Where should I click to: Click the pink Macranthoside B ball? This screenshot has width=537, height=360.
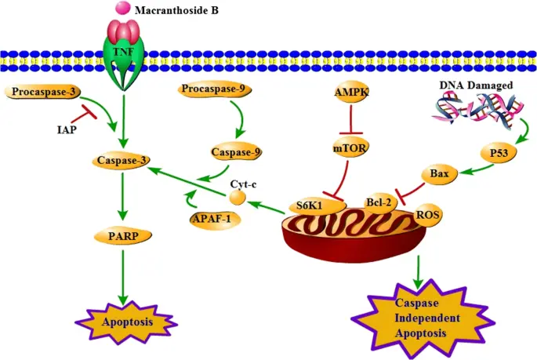click(122, 9)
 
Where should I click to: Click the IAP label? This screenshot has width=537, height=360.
click(67, 129)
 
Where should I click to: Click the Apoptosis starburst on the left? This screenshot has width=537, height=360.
click(125, 322)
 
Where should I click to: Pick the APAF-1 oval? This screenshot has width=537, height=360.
click(213, 218)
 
